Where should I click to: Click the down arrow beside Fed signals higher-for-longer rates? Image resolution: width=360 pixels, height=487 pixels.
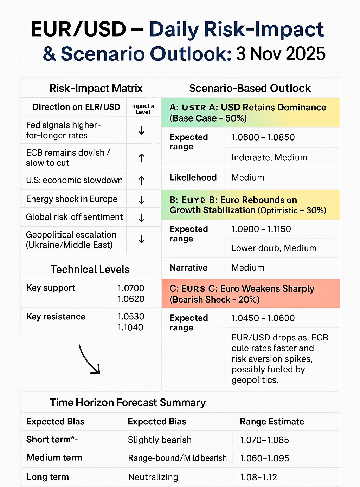pyautogui.click(x=141, y=130)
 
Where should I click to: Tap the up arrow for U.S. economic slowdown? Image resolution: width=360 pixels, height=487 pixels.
pyautogui.click(x=141, y=181)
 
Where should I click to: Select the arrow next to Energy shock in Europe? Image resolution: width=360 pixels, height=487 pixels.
pyautogui.click(x=141, y=200)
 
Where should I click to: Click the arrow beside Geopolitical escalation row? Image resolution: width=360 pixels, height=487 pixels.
pyautogui.click(x=141, y=240)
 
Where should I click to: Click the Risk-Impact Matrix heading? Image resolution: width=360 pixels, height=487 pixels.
pyautogui.click(x=96, y=88)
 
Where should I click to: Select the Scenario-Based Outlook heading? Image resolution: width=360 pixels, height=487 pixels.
pyautogui.click(x=250, y=88)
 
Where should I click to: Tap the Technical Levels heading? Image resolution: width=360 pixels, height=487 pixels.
pyautogui.click(x=90, y=270)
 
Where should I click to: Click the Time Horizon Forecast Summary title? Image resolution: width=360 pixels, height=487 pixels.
pyautogui.click(x=128, y=402)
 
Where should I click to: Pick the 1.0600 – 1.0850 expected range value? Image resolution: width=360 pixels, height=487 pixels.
pyautogui.click(x=263, y=137)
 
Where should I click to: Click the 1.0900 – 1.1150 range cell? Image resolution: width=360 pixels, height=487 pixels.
pyautogui.click(x=261, y=229)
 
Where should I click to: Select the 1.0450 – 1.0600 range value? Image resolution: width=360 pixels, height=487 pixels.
pyautogui.click(x=263, y=318)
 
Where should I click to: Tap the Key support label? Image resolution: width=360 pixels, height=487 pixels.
pyautogui.click(x=51, y=288)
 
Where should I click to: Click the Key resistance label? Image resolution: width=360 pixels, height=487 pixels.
pyautogui.click(x=56, y=317)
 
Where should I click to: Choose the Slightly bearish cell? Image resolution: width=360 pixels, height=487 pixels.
pyautogui.click(x=160, y=440)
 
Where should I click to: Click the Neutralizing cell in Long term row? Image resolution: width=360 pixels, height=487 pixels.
pyautogui.click(x=153, y=477)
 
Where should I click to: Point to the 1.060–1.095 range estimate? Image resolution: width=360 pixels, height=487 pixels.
pyautogui.click(x=264, y=458)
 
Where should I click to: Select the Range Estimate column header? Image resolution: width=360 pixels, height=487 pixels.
pyautogui.click(x=272, y=422)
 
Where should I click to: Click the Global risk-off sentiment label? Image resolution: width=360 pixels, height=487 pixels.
pyautogui.click(x=75, y=217)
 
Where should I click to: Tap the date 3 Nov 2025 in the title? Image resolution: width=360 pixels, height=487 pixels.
pyautogui.click(x=281, y=54)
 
